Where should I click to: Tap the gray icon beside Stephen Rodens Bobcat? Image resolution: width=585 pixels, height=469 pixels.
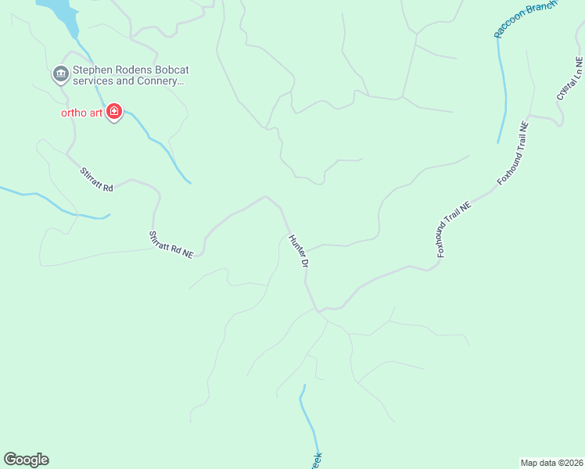60,74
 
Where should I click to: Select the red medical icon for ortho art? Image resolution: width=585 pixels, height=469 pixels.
114,113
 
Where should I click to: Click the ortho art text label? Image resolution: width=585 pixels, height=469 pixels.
82,113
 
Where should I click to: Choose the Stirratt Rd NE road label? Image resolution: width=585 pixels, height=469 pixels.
170,245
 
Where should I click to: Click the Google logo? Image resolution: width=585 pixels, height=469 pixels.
26,460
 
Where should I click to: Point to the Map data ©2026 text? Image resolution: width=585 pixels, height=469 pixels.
551,462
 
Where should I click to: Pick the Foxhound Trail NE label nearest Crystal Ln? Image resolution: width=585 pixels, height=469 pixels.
513,152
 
